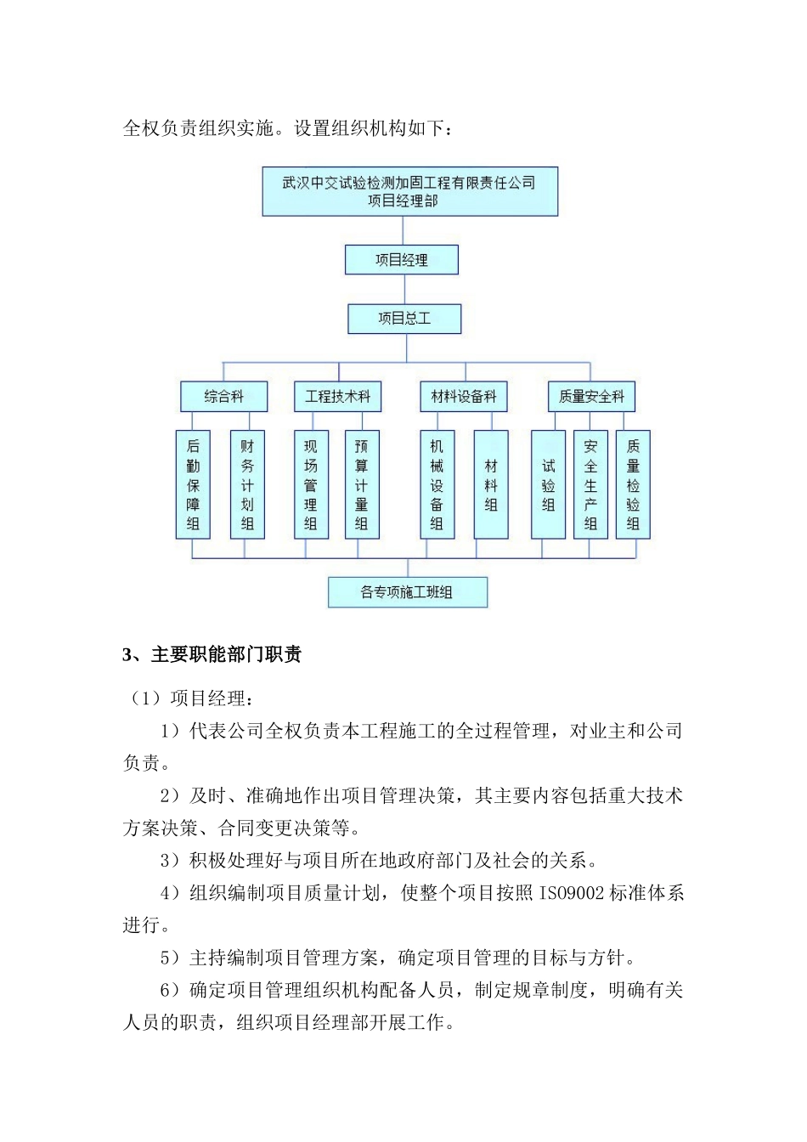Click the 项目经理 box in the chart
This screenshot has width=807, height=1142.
[x=401, y=260]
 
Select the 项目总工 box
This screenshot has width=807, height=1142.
[x=404, y=319]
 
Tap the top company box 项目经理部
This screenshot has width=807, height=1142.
[x=409, y=191]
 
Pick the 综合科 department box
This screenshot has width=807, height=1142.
[x=223, y=396]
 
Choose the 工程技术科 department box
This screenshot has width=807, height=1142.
[x=338, y=396]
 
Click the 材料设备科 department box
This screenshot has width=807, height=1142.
[x=464, y=396]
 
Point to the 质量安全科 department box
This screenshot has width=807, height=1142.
[x=591, y=396]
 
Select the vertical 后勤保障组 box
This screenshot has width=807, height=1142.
[x=193, y=484]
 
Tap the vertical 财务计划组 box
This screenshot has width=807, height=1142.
[x=247, y=484]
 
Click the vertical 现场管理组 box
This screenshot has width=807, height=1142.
[x=311, y=484]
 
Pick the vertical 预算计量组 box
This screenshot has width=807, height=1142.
[x=362, y=484]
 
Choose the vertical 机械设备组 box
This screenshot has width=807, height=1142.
[x=437, y=484]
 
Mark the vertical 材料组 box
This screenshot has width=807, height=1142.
[x=491, y=484]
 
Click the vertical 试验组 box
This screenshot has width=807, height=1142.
[x=548, y=484]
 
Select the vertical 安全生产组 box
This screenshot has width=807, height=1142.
[x=590, y=484]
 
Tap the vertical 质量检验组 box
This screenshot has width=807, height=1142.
[x=633, y=484]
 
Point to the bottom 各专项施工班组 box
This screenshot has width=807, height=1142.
[x=408, y=592]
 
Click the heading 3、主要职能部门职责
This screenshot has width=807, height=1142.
[x=212, y=654]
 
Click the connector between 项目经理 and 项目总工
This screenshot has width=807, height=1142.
[x=404, y=289]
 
